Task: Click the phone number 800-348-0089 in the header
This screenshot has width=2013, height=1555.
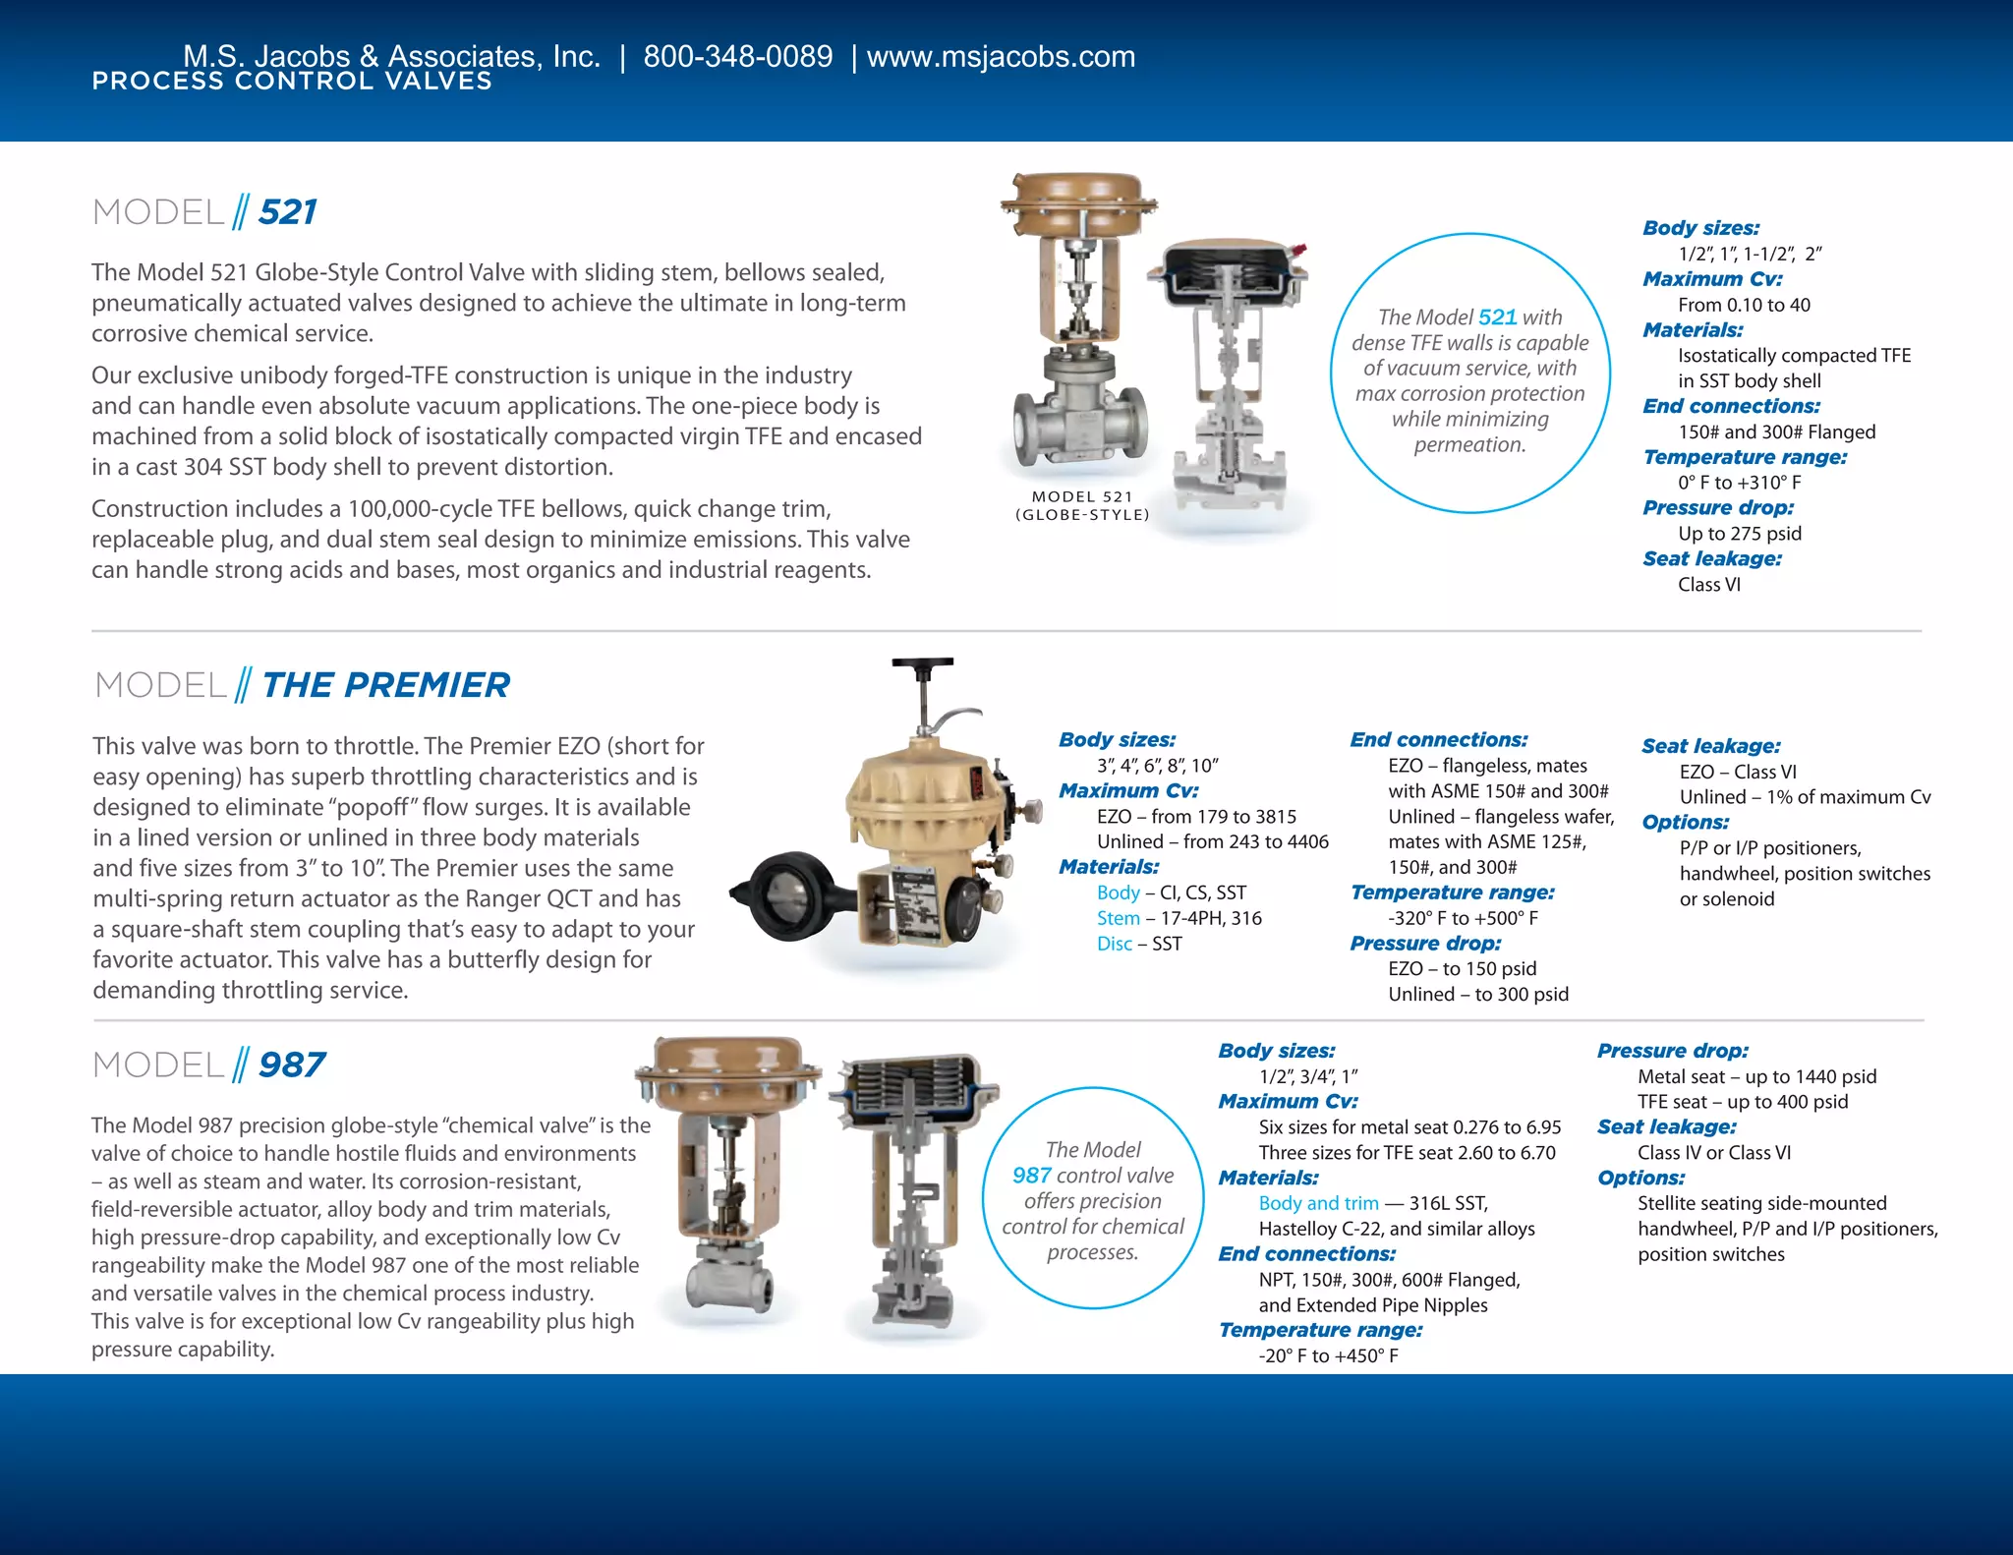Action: (x=737, y=56)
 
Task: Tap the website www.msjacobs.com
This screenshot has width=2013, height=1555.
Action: (x=1001, y=56)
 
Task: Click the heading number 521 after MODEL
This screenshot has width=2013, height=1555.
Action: (x=287, y=212)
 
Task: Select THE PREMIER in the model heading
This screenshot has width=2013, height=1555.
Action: (x=385, y=685)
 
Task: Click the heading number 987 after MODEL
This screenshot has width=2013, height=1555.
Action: (x=291, y=1065)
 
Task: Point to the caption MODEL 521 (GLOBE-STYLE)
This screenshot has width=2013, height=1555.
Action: (x=1082, y=505)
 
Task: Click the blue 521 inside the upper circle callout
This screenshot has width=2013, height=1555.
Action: (x=1497, y=317)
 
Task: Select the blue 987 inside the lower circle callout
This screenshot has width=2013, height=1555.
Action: (x=1031, y=1176)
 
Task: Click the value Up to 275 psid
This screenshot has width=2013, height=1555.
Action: (x=1739, y=534)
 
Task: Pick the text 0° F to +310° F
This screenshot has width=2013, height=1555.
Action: (x=1739, y=483)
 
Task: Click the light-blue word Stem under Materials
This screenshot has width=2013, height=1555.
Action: (x=1118, y=918)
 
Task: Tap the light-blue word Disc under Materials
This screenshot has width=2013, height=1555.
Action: (x=1114, y=944)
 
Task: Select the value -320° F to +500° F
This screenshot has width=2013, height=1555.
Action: (x=1463, y=918)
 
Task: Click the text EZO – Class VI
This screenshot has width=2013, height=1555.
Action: (x=1737, y=772)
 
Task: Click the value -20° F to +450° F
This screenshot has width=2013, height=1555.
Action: (x=1328, y=1355)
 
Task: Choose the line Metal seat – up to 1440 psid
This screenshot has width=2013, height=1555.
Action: (x=1756, y=1076)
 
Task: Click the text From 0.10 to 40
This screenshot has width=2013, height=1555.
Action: (x=1743, y=305)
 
